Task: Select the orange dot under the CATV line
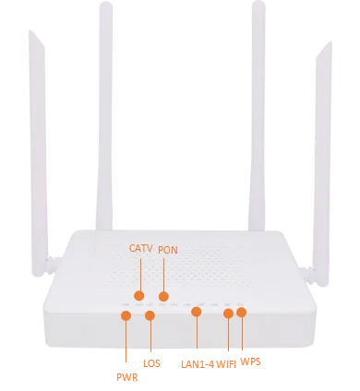139,296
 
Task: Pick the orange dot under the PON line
163,296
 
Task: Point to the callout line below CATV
139,274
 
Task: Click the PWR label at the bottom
125,375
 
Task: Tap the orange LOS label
151,363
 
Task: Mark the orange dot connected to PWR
126,316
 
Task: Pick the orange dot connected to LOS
150,317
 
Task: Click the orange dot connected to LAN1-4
196,313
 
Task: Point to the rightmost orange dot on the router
242,313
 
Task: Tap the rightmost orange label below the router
249,361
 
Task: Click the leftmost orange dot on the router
126,316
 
